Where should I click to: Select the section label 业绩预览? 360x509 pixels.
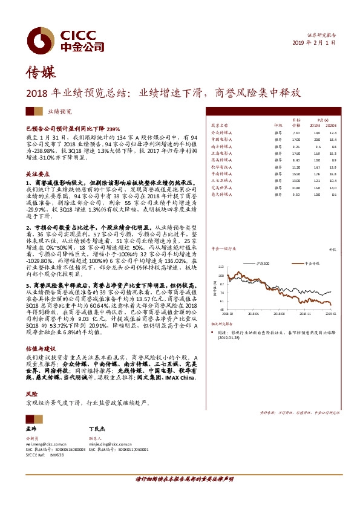coord(61,112)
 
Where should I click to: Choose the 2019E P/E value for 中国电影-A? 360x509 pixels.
coord(317,139)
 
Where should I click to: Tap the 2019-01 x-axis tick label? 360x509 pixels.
coord(331,314)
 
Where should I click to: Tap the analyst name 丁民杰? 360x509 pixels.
coord(97,428)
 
